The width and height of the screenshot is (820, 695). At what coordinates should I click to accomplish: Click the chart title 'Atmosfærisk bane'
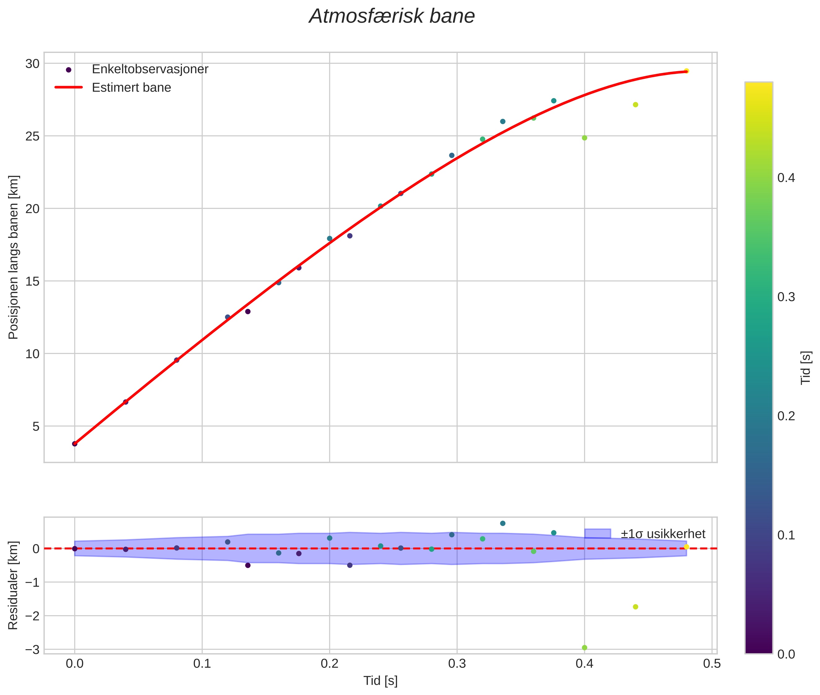tap(392, 16)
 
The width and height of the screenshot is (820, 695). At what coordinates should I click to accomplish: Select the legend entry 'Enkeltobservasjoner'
tap(150, 69)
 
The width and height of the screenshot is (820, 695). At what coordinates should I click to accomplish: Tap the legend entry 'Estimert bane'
tap(131, 88)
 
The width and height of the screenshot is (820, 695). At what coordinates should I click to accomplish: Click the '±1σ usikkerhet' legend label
tap(663, 534)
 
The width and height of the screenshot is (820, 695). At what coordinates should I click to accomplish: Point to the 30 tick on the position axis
tap(32, 64)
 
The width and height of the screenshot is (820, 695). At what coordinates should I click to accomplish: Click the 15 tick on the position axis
tap(32, 281)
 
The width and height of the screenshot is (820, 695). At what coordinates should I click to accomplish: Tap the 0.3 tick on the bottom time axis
tap(457, 664)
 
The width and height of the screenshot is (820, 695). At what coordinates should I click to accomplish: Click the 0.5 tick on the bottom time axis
tap(712, 664)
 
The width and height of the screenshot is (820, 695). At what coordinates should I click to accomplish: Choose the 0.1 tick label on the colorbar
tap(786, 535)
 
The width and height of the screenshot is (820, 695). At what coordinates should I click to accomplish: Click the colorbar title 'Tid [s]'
tap(806, 367)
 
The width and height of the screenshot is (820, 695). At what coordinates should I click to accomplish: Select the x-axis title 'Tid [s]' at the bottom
tap(380, 681)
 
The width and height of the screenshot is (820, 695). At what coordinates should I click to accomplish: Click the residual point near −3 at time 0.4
tap(584, 648)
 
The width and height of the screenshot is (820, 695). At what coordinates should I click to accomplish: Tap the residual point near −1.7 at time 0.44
tap(635, 607)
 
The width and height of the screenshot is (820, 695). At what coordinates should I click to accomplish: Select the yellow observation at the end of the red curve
tap(686, 71)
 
